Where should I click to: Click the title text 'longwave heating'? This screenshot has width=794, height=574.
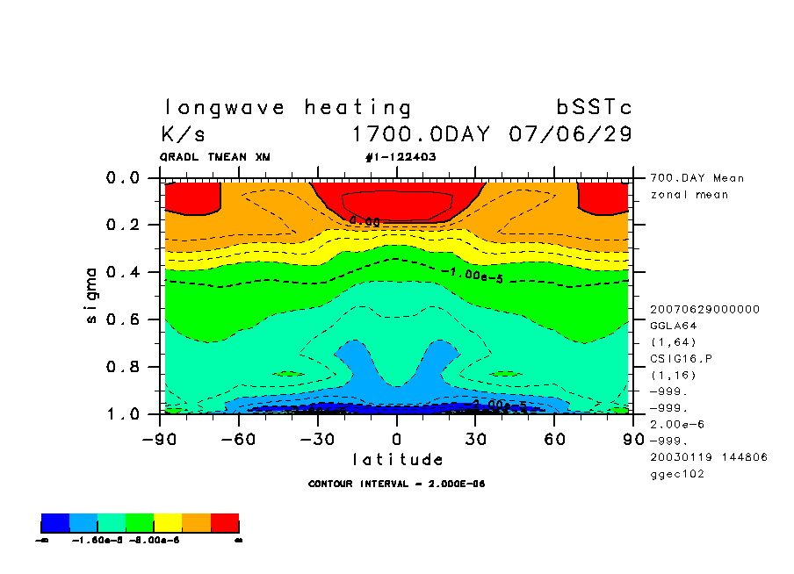click(x=288, y=108)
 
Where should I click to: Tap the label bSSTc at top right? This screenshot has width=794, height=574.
click(x=595, y=108)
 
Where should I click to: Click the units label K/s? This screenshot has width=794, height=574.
click(x=183, y=135)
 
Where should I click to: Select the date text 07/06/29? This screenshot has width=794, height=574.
click(x=571, y=135)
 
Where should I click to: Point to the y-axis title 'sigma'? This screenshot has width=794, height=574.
click(x=92, y=296)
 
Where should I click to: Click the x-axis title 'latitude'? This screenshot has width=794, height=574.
click(x=398, y=459)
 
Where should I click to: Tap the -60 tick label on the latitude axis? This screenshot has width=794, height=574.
click(x=238, y=437)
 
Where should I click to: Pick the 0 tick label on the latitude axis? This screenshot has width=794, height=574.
click(x=397, y=437)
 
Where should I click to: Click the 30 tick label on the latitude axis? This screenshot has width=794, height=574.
click(x=475, y=437)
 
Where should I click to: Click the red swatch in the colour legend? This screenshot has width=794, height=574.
click(x=225, y=524)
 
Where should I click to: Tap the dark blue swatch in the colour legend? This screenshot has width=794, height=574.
click(x=55, y=524)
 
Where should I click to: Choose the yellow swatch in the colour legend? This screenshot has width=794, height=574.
click(x=169, y=524)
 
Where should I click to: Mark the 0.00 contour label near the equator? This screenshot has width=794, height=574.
click(x=365, y=222)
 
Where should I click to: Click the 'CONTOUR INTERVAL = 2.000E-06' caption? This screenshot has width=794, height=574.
click(x=397, y=484)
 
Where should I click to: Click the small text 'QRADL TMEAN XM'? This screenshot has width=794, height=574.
click(x=215, y=157)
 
